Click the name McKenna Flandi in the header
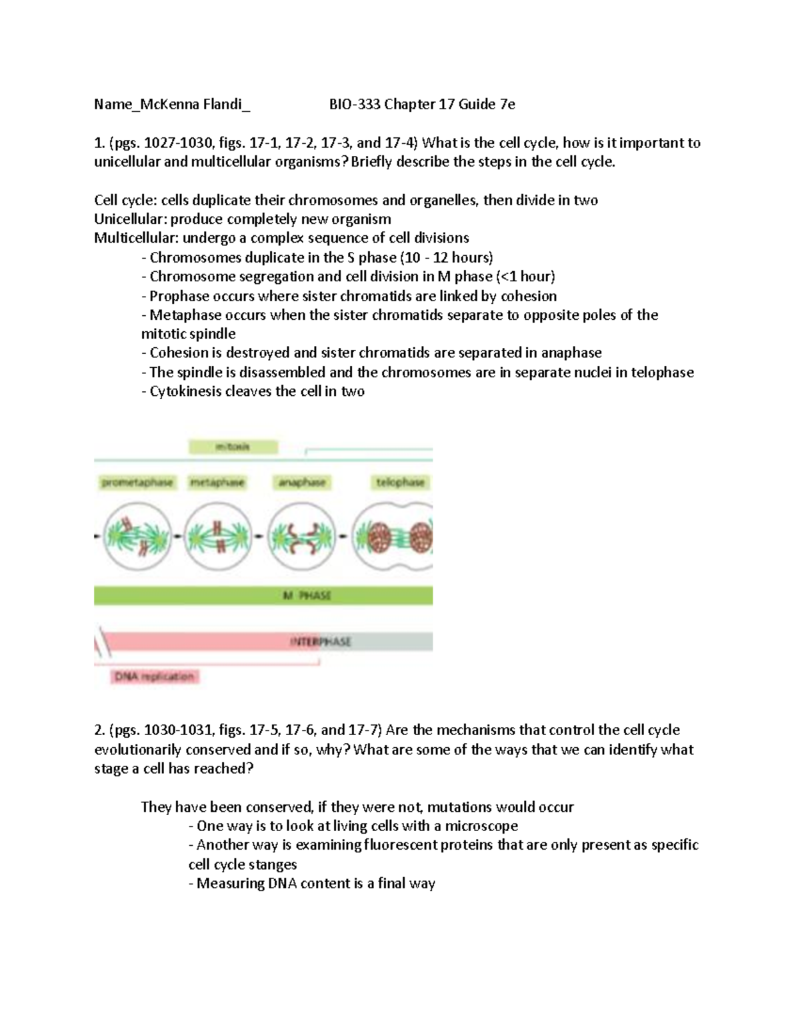coord(193,104)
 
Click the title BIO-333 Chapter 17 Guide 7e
coord(422,104)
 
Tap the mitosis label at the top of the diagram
coord(233,447)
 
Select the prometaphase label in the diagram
coord(137,483)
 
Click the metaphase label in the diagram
coord(217,483)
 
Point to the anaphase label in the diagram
coord(302,483)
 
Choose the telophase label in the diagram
coord(400,483)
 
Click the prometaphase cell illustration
coord(137,536)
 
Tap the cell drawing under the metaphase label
coord(218,536)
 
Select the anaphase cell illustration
coord(301,536)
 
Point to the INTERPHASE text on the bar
coord(320,642)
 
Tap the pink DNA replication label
coord(154,677)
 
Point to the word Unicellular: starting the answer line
coord(131,219)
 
